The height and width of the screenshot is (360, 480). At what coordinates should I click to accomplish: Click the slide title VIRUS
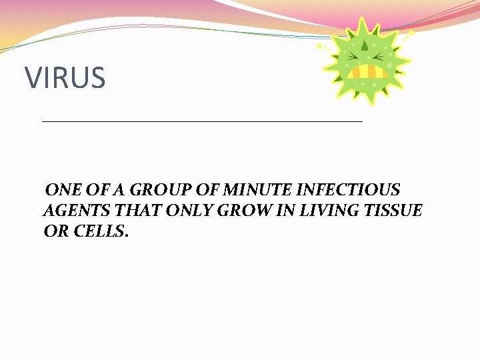65,78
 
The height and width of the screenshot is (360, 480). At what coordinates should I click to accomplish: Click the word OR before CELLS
54,232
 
